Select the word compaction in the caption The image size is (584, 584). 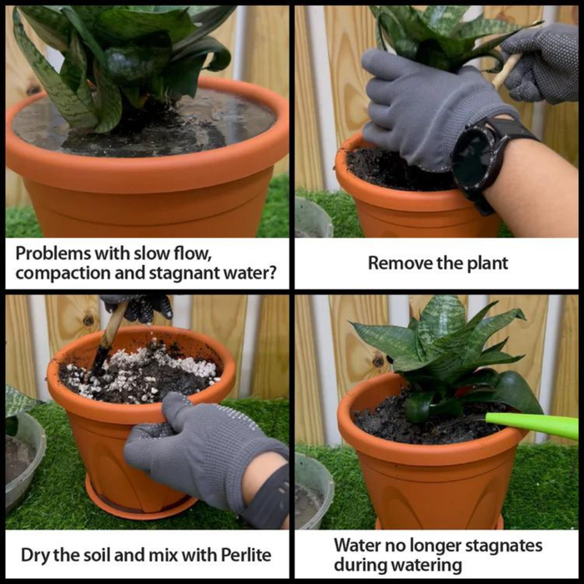58,273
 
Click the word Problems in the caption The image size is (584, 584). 50,252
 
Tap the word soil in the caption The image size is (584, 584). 99,553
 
